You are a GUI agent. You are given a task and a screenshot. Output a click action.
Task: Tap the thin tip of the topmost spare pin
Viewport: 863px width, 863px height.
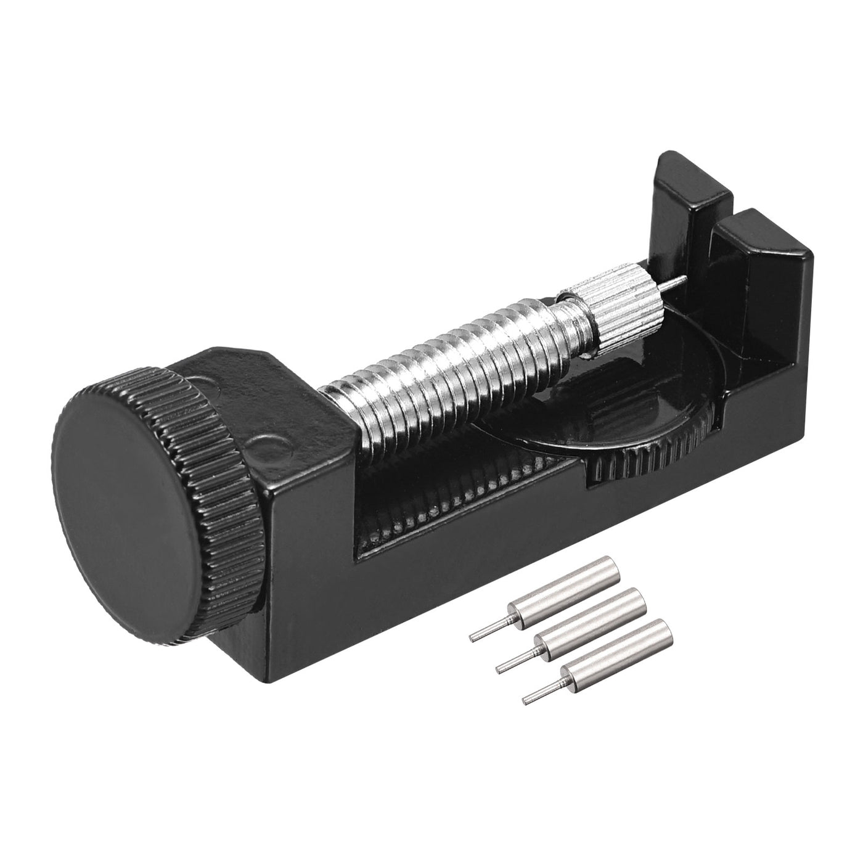click(485, 634)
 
